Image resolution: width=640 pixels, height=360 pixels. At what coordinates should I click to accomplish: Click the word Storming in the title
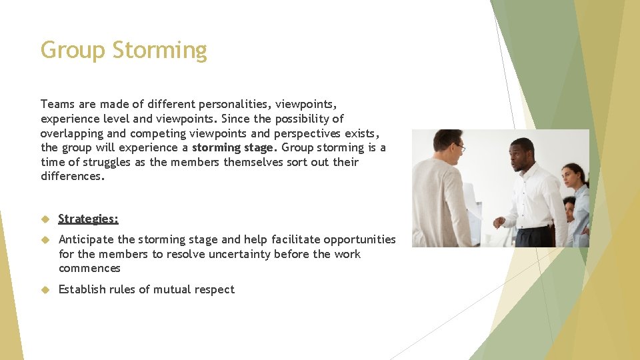[159, 51]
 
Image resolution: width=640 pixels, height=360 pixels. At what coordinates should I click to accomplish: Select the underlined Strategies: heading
[88, 219]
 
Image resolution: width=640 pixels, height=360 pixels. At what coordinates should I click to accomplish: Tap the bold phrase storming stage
[233, 147]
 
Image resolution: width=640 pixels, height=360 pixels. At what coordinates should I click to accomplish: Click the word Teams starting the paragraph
[58, 104]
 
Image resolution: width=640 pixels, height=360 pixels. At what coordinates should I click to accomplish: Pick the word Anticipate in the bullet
[85, 239]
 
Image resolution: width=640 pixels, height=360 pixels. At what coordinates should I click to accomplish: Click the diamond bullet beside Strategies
[45, 219]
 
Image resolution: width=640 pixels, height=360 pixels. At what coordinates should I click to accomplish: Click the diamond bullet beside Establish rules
[45, 289]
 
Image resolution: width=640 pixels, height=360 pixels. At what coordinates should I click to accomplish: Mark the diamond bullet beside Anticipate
[45, 239]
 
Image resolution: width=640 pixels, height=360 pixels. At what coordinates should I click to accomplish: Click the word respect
[214, 289]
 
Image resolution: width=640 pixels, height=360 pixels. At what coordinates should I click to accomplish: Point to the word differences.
[72, 177]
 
